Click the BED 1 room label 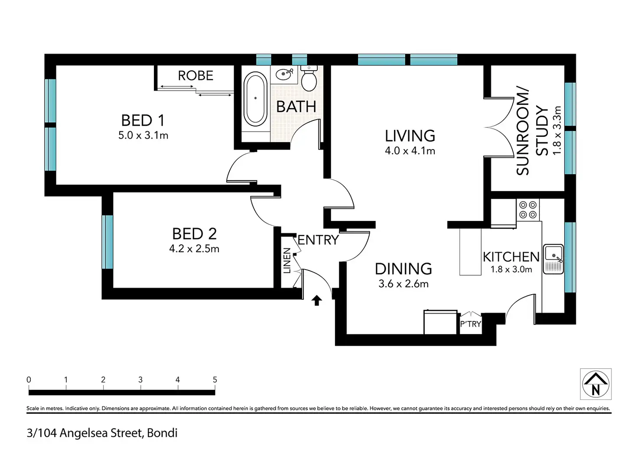tap(143, 120)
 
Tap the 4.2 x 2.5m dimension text tap(194, 249)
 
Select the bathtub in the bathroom tap(255, 99)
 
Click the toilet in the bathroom tap(309, 78)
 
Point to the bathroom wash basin tap(284, 75)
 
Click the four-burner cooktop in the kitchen tap(528, 210)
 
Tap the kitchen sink tap(553, 259)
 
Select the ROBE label tap(195, 76)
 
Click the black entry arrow tap(317, 300)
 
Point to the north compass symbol tap(596, 384)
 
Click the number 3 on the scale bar tap(140, 380)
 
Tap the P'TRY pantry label tap(471, 324)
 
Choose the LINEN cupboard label tap(287, 260)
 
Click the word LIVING tap(410, 136)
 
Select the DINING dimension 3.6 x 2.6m tap(404, 284)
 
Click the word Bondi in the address tap(162, 433)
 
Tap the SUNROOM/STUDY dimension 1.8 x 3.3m tap(557, 131)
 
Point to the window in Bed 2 tap(107, 242)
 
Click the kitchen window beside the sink tap(570, 257)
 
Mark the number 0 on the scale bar tap(29, 380)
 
